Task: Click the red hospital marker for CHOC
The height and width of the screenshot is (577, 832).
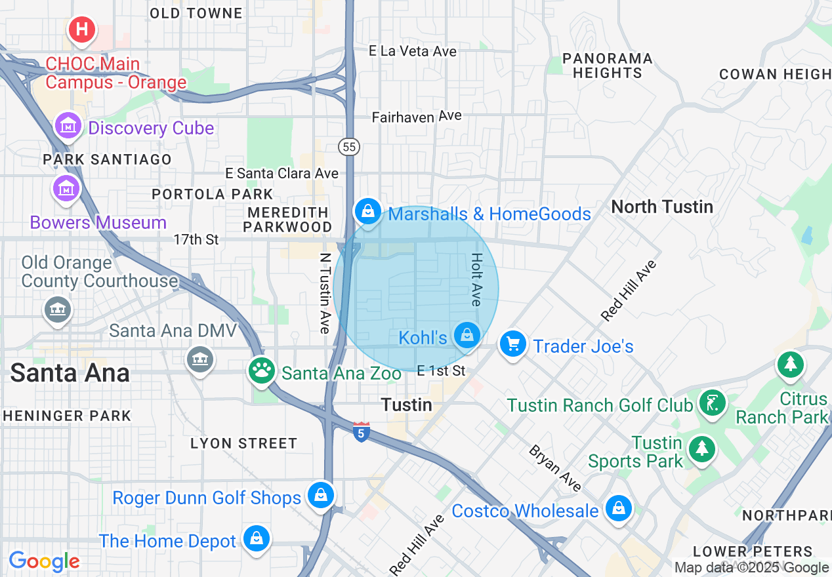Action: (x=82, y=30)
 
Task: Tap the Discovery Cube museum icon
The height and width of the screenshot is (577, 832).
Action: (x=68, y=126)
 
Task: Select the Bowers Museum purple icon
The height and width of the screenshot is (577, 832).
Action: (x=66, y=188)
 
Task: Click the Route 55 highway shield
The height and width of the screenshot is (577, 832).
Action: (x=350, y=147)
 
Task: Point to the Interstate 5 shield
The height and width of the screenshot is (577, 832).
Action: (x=361, y=432)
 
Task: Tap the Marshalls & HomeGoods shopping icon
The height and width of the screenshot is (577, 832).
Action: (x=368, y=211)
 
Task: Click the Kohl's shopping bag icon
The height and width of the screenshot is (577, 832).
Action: (x=467, y=335)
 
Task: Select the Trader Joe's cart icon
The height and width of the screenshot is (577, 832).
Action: (x=512, y=343)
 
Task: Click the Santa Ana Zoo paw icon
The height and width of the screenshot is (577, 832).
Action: (x=262, y=371)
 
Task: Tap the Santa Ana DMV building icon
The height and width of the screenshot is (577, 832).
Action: (x=200, y=359)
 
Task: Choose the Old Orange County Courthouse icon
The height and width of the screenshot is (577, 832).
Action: (x=57, y=309)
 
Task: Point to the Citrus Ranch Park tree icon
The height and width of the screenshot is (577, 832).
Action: (x=790, y=364)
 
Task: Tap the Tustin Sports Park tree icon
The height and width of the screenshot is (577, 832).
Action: (x=702, y=449)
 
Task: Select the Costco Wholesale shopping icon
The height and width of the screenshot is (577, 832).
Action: (x=618, y=507)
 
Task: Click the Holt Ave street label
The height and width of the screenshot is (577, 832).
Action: (x=476, y=280)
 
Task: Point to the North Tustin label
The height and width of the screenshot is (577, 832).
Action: (x=661, y=207)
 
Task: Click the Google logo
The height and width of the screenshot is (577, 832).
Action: (x=44, y=561)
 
